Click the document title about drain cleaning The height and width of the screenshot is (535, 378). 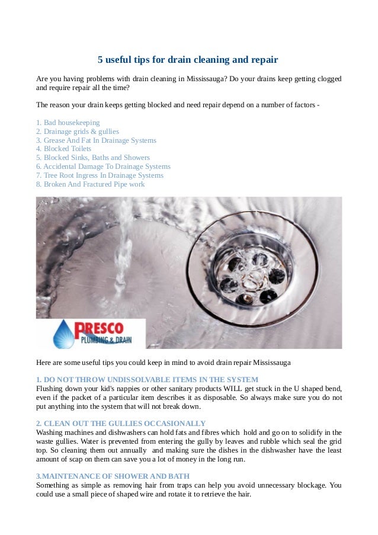click(x=188, y=60)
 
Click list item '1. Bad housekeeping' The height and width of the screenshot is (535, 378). click(x=68, y=123)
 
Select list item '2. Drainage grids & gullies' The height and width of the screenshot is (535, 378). click(x=77, y=132)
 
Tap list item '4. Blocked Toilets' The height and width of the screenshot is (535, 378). click(x=63, y=149)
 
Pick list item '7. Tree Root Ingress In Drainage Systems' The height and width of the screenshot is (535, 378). click(x=100, y=176)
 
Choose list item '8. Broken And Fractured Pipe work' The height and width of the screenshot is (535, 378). click(x=90, y=185)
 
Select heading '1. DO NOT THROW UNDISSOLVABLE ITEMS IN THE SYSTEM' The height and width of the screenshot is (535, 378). click(x=147, y=379)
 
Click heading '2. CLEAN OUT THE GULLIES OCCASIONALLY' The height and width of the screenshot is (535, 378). click(x=121, y=424)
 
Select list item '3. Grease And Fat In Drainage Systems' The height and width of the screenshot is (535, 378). click(x=96, y=140)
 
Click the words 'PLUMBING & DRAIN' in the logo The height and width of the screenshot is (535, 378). click(x=106, y=340)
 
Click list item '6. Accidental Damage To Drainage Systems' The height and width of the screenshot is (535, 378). click(x=103, y=167)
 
